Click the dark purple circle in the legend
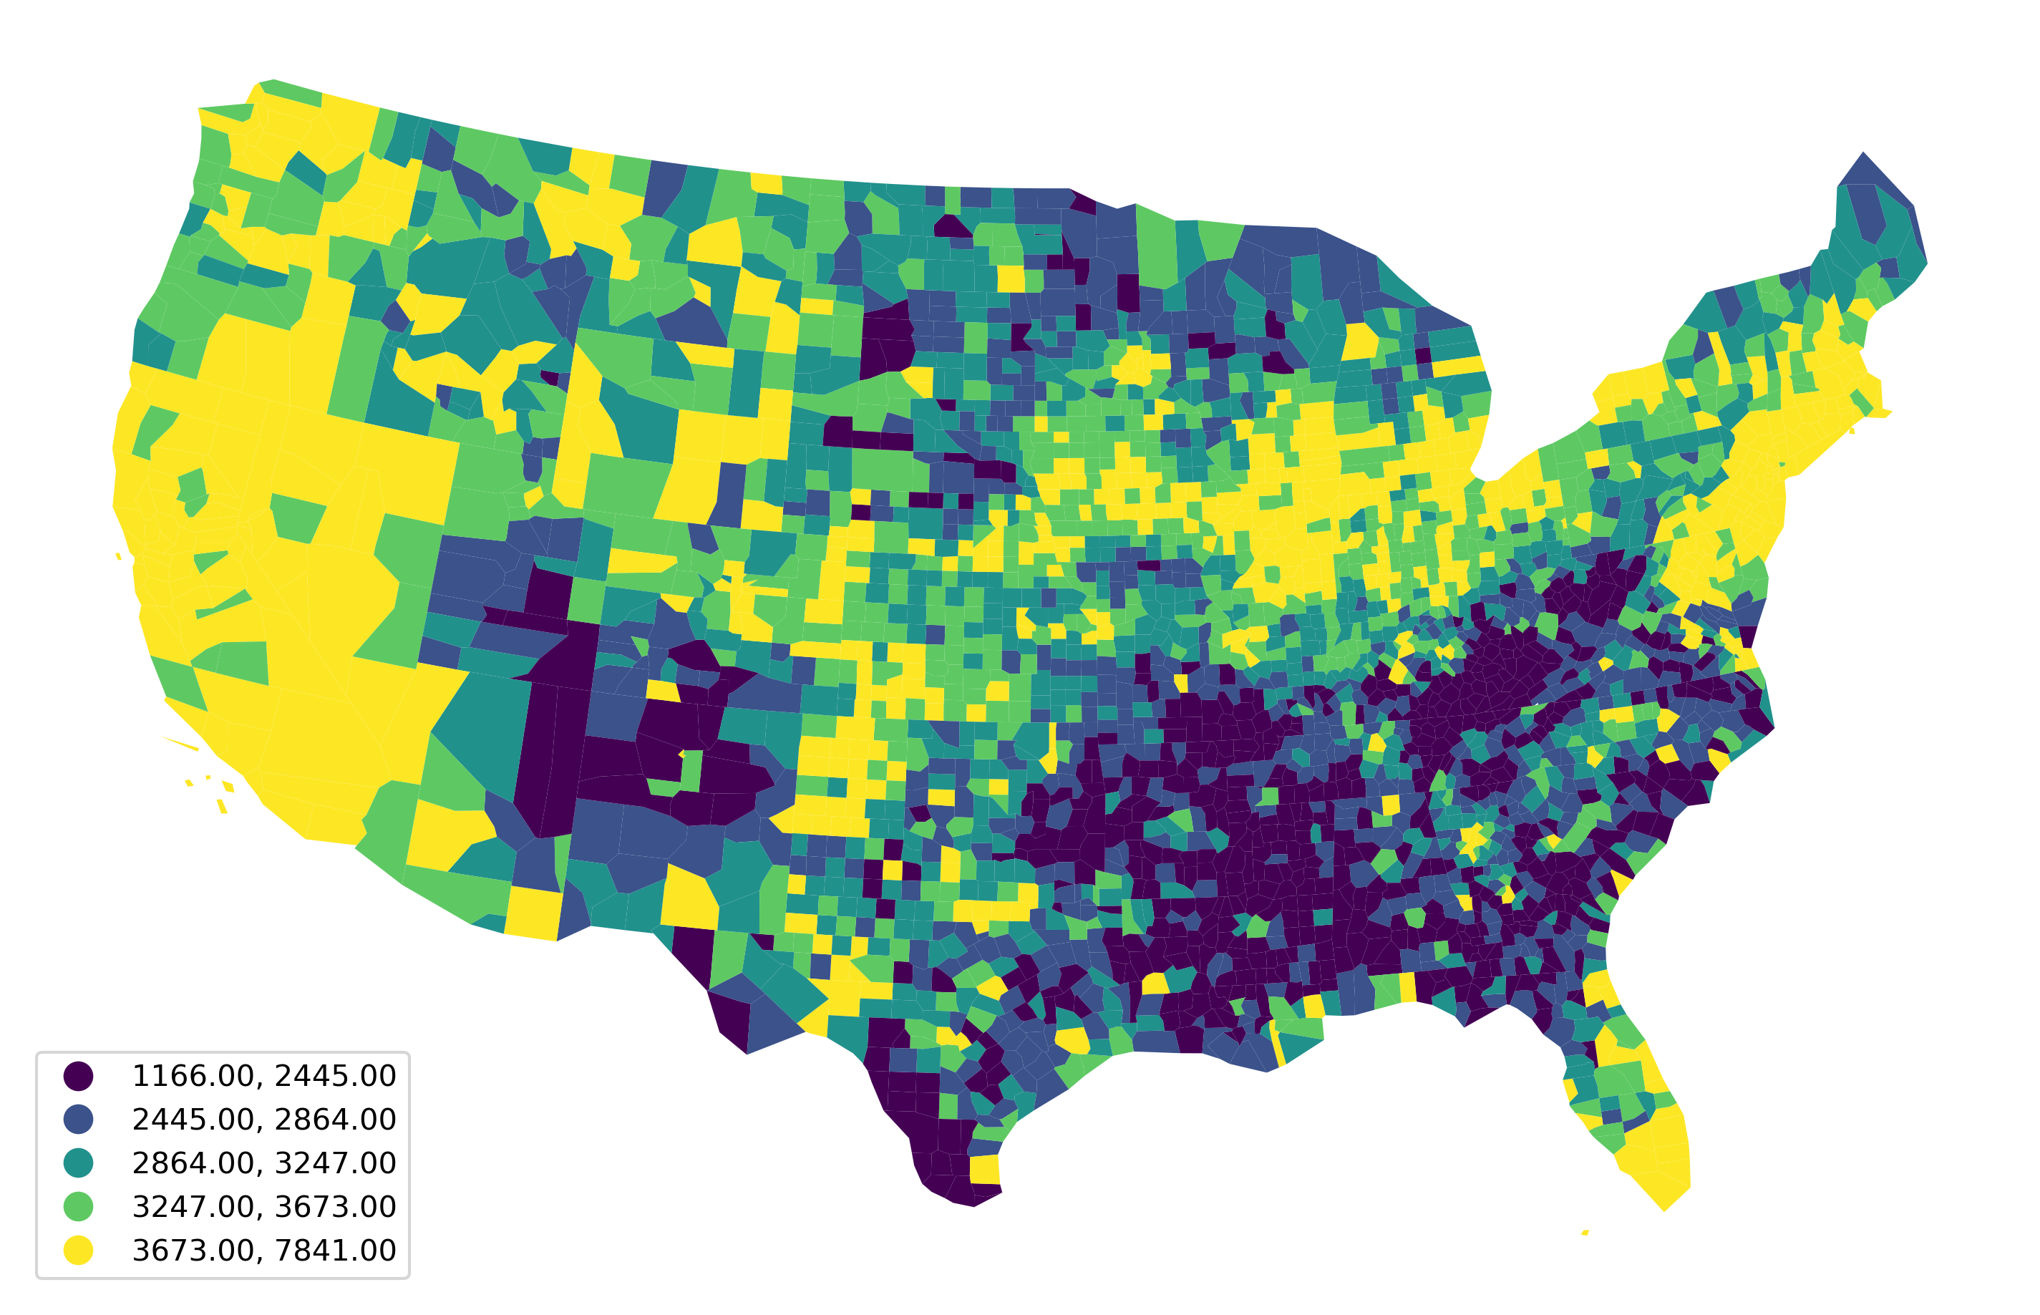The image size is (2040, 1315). (x=78, y=1076)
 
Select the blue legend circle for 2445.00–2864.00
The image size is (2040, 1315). (x=78, y=1120)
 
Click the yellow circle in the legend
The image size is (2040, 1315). (x=78, y=1250)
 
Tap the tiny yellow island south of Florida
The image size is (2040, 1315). (x=1585, y=1232)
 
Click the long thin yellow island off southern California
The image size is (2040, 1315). (x=180, y=743)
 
